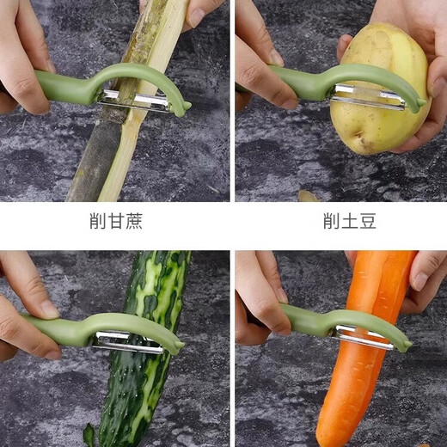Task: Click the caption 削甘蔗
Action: [x=115, y=221]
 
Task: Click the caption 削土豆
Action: [x=349, y=221]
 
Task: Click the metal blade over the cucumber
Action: [x=129, y=342]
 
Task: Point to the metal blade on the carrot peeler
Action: [x=364, y=337]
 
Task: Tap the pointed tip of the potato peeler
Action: [x=421, y=108]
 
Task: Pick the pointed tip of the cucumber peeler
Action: [x=180, y=348]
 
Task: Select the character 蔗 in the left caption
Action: [x=133, y=221]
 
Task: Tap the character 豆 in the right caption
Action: [x=367, y=221]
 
